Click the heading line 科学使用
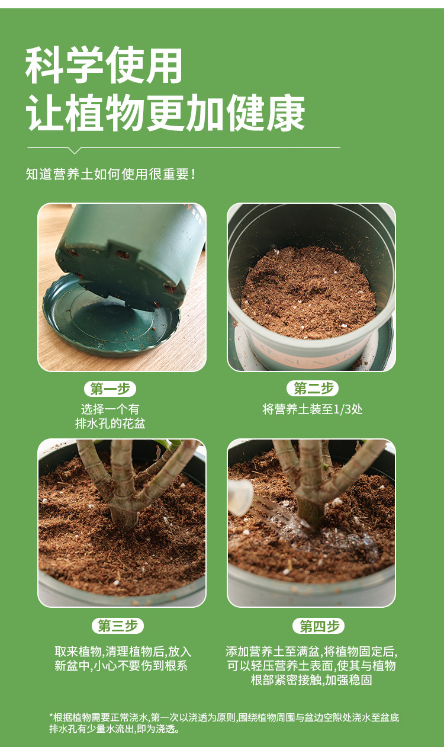104,65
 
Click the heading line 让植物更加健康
165,113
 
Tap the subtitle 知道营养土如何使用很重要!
111,174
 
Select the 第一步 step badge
110,389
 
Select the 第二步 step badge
313,388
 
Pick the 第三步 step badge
118,626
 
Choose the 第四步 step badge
318,626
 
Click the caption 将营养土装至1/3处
313,409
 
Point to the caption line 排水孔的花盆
110,424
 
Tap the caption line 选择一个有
110,409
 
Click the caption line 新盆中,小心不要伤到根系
121,666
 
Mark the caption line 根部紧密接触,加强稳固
311,679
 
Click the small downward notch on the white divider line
75,150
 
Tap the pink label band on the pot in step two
308,354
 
